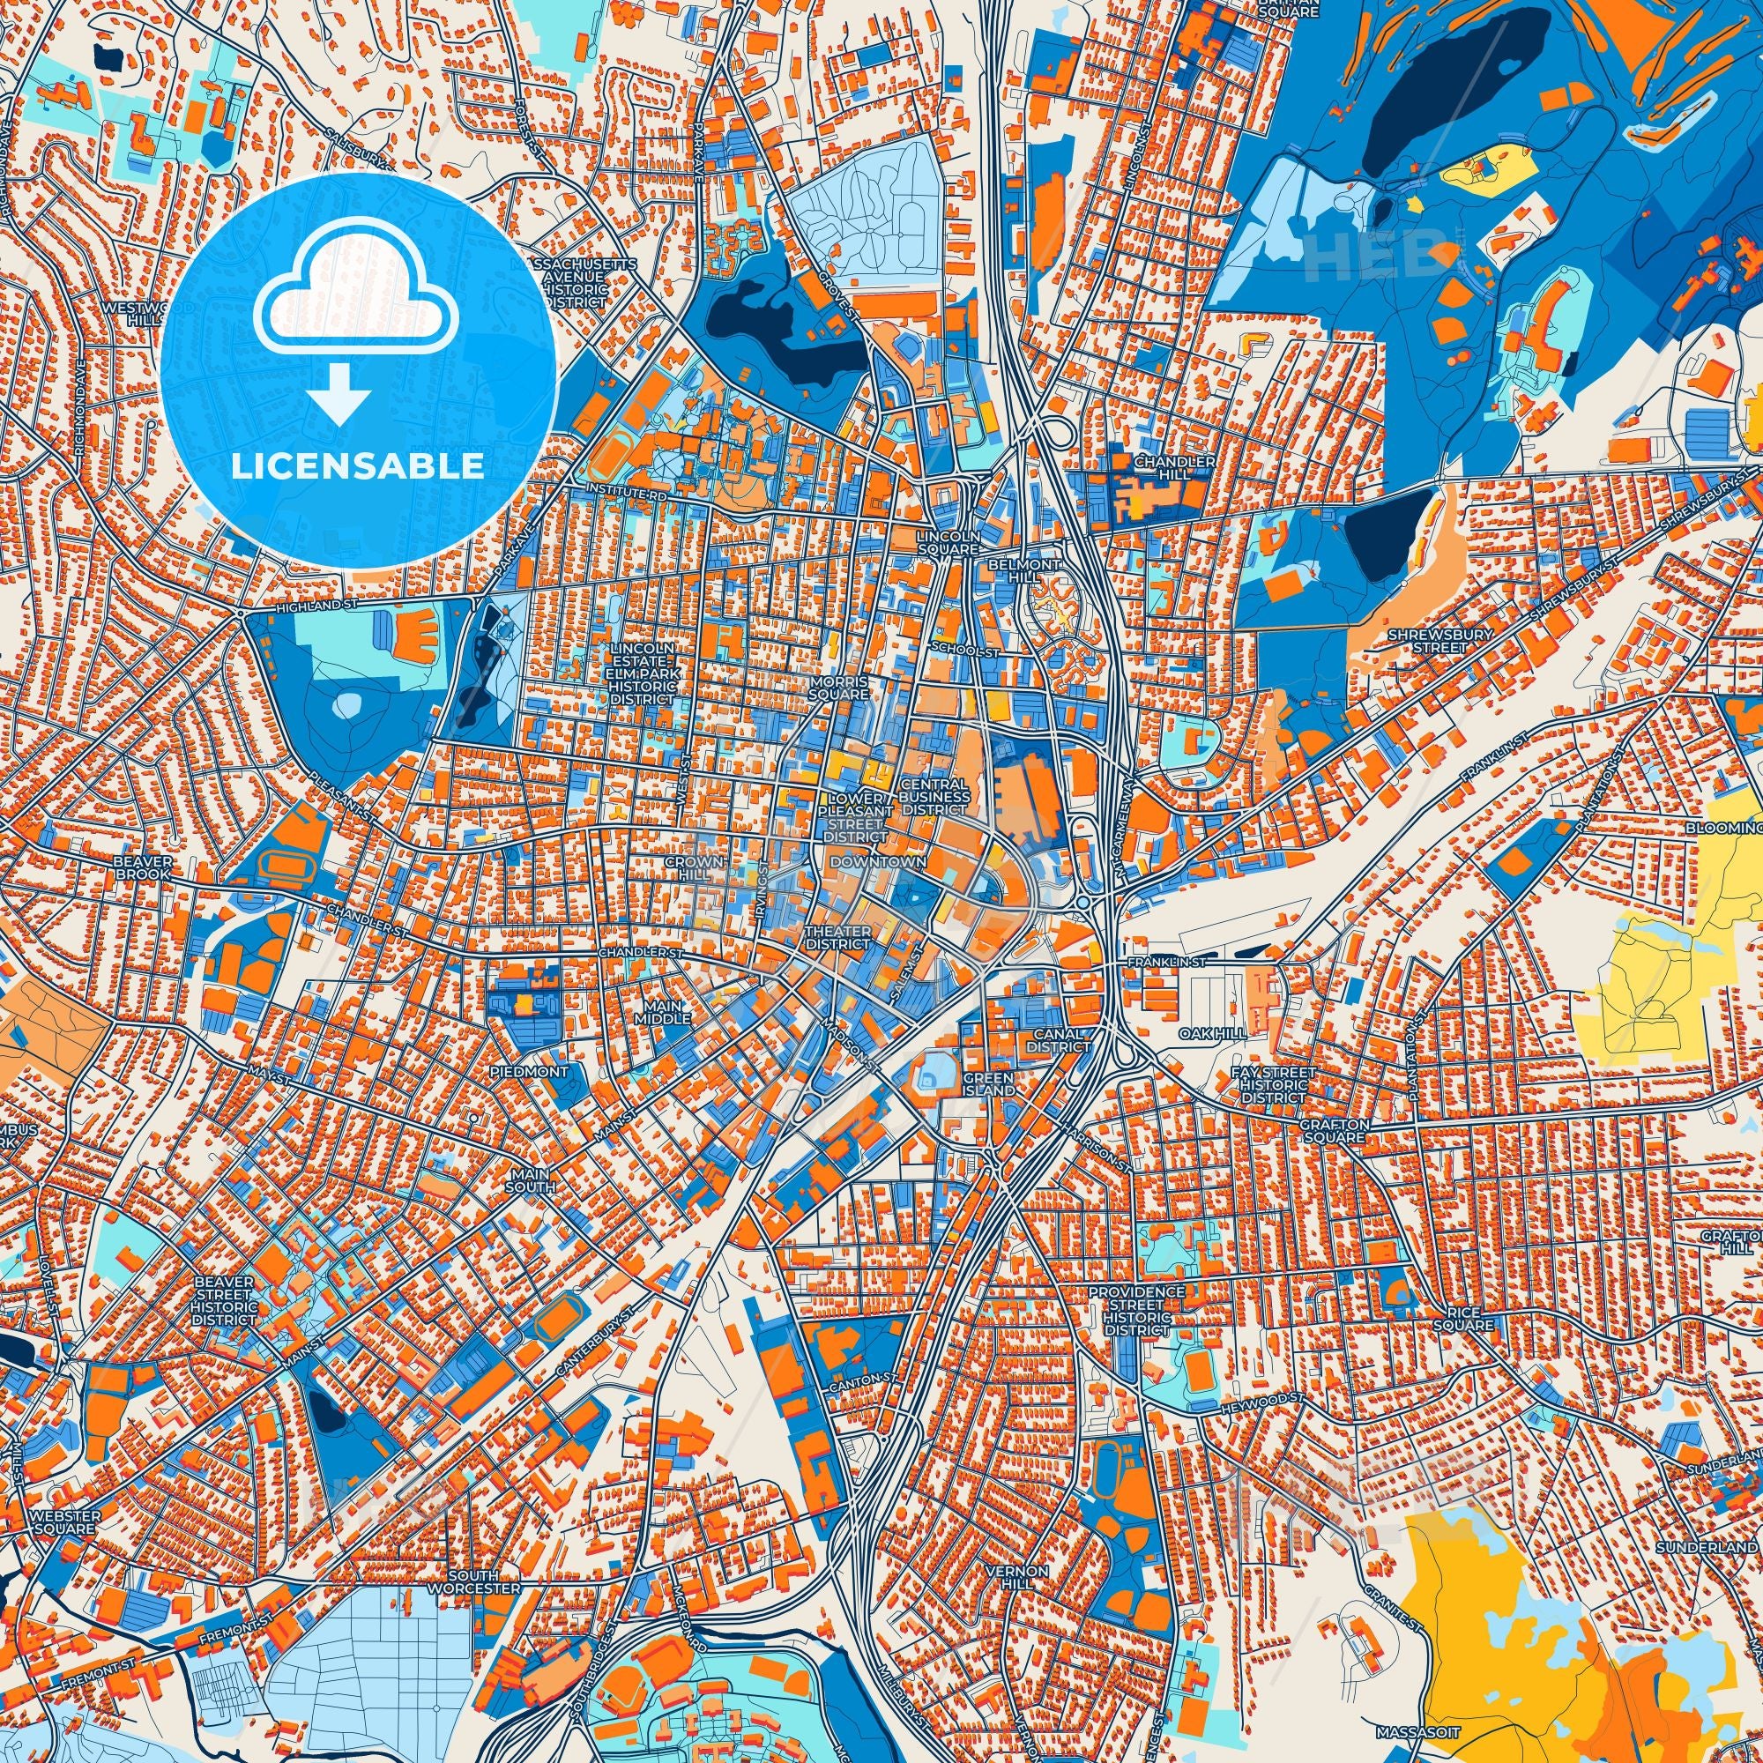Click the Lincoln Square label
(x=949, y=543)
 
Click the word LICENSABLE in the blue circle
(x=358, y=467)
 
